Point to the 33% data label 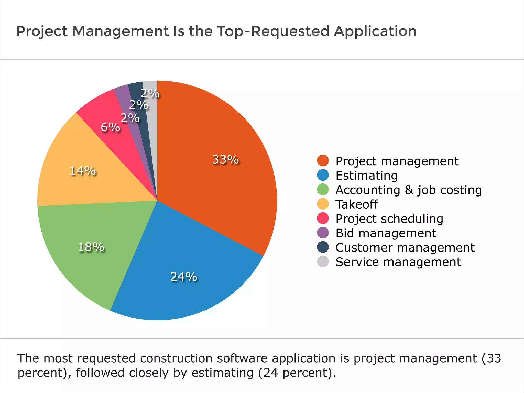(x=225, y=160)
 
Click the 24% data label (x=184, y=277)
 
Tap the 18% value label (x=91, y=247)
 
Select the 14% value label (x=83, y=171)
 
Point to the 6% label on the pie (x=110, y=127)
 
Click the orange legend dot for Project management (x=323, y=161)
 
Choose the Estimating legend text (x=366, y=176)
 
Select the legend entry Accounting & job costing (x=408, y=190)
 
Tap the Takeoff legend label (x=356, y=204)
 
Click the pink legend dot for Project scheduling (x=323, y=218)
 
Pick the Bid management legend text (x=386, y=233)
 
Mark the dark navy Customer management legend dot (x=323, y=247)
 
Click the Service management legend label (x=398, y=262)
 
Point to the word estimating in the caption (x=222, y=373)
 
